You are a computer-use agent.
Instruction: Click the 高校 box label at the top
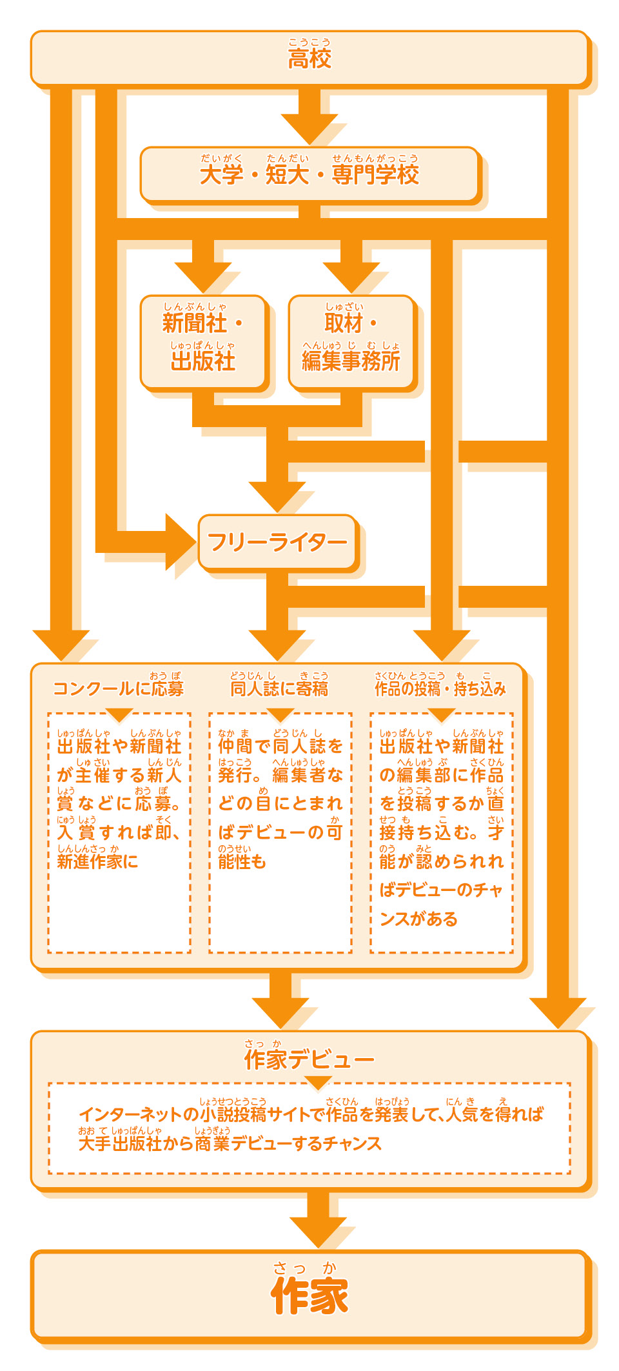[x=309, y=59]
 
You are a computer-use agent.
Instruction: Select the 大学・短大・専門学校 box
[x=309, y=174]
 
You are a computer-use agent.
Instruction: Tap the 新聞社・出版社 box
[x=202, y=342]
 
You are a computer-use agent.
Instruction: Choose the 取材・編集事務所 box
[x=351, y=342]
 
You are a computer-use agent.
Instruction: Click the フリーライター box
[x=277, y=543]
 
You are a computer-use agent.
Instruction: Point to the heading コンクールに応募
[x=119, y=689]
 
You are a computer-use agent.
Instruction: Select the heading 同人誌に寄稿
[x=279, y=689]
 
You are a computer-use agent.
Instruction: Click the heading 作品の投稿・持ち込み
[x=440, y=689]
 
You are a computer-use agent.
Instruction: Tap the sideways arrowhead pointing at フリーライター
[x=181, y=542]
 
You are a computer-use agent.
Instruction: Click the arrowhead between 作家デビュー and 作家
[x=318, y=1232]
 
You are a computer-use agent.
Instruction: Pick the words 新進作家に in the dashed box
[x=97, y=861]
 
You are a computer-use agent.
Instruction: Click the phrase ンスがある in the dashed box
[x=418, y=919]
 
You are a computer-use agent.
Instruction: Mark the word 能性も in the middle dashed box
[x=242, y=861]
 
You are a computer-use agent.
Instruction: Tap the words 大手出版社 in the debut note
[x=120, y=1143]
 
